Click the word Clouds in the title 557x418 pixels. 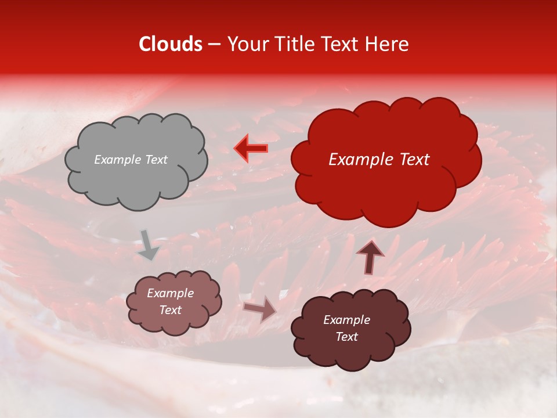click(x=171, y=44)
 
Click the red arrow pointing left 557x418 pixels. click(x=251, y=149)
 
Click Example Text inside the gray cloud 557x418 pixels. click(x=131, y=160)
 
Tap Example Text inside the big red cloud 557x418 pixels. click(x=379, y=160)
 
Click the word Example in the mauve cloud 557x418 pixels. click(x=170, y=293)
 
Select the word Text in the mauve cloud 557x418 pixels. click(x=170, y=310)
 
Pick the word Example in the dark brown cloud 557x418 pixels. click(x=346, y=320)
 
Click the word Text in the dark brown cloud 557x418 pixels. click(x=346, y=337)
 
